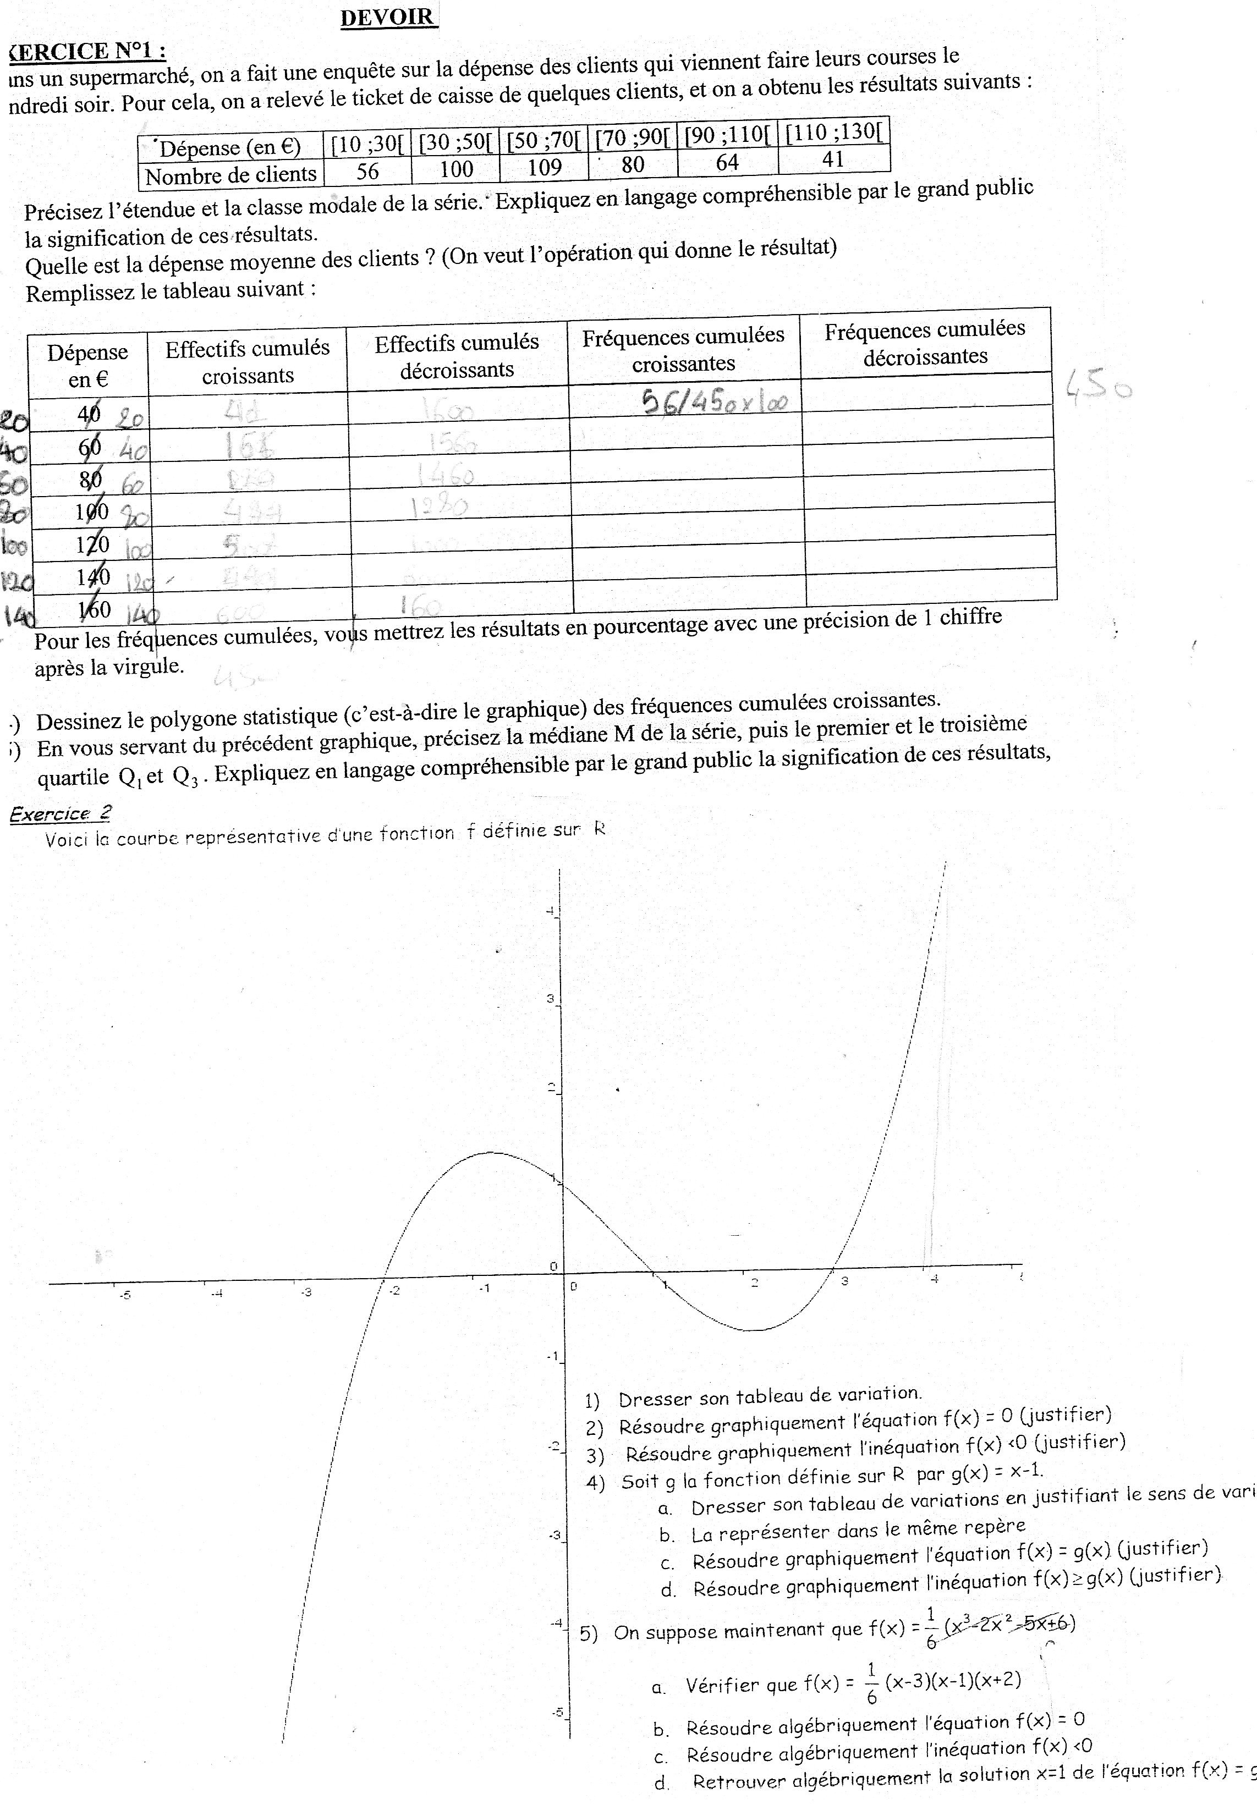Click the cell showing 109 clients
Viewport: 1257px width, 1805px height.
coord(544,167)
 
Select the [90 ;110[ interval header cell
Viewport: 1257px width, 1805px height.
coord(727,135)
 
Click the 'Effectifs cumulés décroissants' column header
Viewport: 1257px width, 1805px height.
coord(457,356)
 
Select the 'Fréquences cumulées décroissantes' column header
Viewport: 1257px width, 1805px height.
coord(925,343)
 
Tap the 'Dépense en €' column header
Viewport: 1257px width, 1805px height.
coord(87,366)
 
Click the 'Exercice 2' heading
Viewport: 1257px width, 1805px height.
coord(61,815)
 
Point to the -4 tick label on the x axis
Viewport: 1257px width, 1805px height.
coord(217,1292)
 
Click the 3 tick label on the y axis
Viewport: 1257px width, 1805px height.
coord(550,999)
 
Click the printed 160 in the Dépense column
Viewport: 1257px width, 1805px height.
coord(94,609)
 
